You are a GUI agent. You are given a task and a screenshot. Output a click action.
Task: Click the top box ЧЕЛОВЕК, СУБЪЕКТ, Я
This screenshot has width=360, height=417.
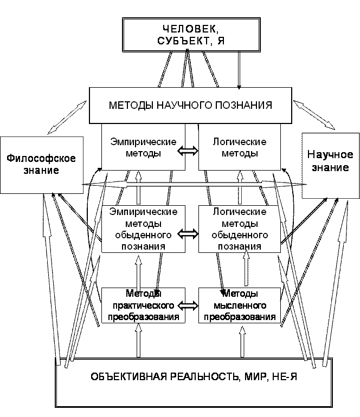(x=191, y=35)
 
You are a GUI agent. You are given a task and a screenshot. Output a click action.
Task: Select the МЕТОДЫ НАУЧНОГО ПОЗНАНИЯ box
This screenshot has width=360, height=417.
(x=190, y=105)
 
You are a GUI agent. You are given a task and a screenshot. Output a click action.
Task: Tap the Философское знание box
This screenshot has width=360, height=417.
(x=42, y=165)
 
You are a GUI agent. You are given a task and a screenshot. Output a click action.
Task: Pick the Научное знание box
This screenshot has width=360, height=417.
(x=331, y=165)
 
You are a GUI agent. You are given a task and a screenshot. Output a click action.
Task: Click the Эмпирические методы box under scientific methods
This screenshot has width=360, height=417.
(x=143, y=147)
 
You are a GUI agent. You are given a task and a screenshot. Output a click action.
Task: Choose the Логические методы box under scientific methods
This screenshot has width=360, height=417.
(x=240, y=147)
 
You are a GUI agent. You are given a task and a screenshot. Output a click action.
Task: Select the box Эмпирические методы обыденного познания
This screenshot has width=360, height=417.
(x=143, y=229)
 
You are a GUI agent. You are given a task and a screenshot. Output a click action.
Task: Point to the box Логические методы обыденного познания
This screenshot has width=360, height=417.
(x=240, y=229)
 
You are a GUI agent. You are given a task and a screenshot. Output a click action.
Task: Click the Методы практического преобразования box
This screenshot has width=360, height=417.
(x=143, y=305)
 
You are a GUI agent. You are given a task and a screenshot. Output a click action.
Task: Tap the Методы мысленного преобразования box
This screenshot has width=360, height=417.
(x=240, y=305)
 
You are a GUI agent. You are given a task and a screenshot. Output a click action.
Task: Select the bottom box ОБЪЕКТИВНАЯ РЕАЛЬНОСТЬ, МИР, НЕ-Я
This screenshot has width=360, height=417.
(x=194, y=382)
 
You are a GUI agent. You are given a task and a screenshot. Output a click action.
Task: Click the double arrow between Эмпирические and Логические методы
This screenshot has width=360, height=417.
(x=188, y=151)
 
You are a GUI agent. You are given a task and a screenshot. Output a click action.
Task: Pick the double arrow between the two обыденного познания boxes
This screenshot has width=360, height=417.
(x=188, y=234)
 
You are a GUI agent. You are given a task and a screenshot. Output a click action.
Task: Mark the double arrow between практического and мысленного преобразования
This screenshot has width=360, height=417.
(x=188, y=306)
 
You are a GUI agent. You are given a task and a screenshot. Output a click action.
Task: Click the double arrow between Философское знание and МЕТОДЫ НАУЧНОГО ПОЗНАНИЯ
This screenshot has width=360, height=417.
(x=67, y=118)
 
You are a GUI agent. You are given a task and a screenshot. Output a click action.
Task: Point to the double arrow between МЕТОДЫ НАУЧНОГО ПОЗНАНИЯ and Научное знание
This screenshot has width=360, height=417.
(x=314, y=115)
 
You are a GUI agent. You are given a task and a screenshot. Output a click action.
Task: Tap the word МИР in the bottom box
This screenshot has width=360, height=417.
(x=255, y=377)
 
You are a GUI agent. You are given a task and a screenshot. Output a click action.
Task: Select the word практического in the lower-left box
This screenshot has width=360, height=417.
(x=143, y=306)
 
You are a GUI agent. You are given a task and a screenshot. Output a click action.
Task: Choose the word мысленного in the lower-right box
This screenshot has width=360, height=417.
(x=240, y=305)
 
